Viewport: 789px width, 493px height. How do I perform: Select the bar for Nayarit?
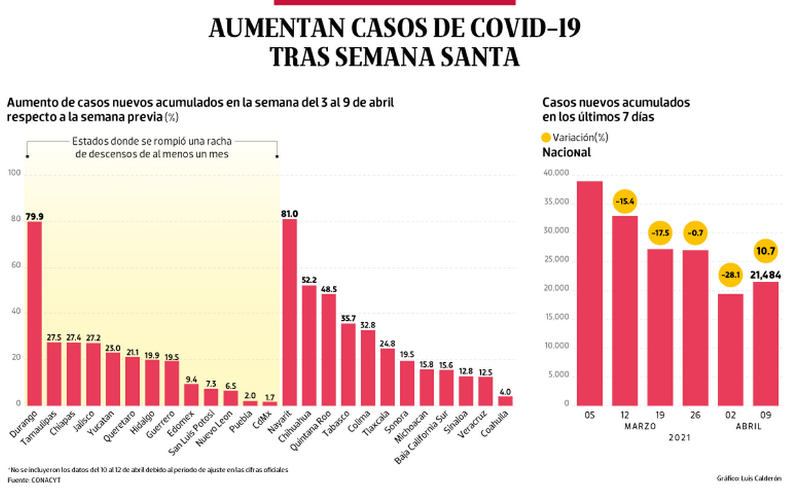click(289, 312)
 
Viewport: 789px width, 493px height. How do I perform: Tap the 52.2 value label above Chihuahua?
click(309, 279)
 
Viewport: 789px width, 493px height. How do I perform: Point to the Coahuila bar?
click(506, 400)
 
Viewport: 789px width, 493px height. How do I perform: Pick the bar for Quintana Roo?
click(329, 349)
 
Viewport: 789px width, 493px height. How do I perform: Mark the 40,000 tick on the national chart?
click(557, 173)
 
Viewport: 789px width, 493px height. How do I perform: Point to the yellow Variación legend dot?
click(546, 137)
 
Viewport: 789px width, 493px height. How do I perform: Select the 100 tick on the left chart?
click(13, 173)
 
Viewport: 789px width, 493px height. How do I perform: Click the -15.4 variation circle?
click(625, 201)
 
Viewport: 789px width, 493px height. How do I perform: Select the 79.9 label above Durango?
click(35, 216)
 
